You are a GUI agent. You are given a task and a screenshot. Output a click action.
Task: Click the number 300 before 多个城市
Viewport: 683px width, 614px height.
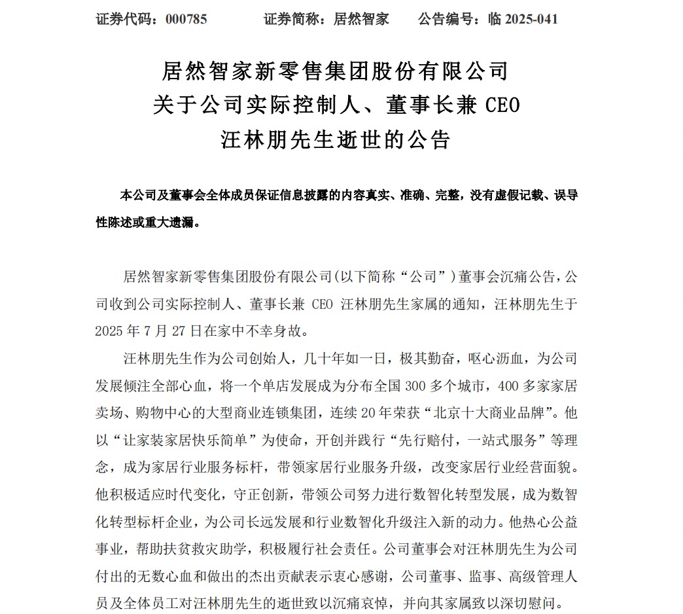pyautogui.click(x=407, y=386)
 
